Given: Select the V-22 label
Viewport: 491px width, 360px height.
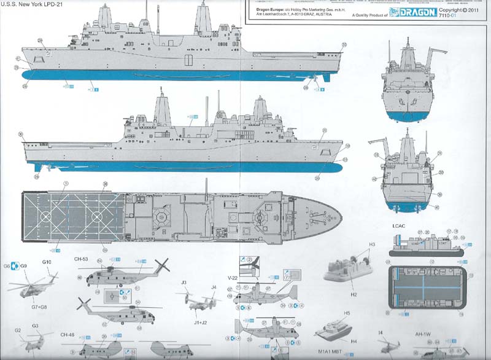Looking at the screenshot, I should [x=232, y=278].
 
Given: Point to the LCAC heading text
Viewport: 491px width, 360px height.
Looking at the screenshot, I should [x=398, y=225].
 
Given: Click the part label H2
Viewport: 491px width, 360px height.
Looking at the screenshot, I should [x=354, y=294].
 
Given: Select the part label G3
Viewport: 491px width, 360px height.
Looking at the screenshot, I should [x=36, y=326].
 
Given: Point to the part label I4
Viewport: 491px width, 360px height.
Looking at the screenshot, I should [x=381, y=334].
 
